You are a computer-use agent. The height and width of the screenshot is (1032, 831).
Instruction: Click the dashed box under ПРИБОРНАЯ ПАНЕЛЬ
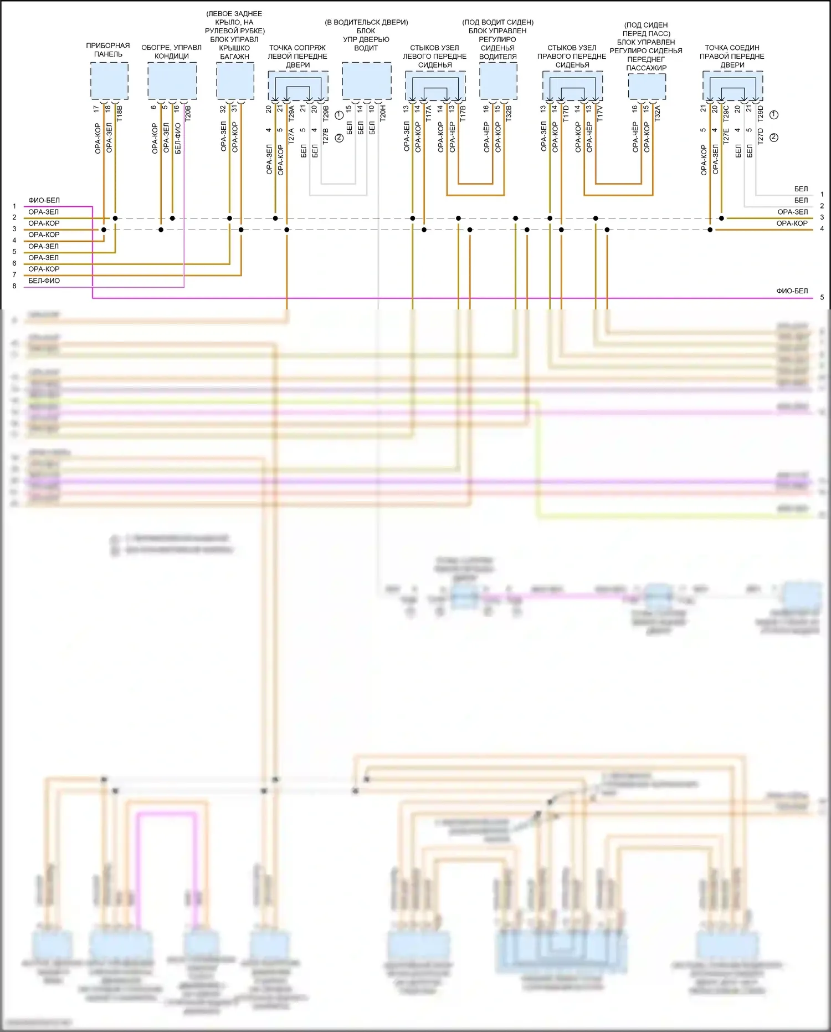(x=110, y=81)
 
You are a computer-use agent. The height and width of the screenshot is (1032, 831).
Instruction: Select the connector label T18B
(x=119, y=113)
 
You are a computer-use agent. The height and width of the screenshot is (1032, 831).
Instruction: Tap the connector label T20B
(x=188, y=113)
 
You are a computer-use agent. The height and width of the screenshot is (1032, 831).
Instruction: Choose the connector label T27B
(x=326, y=136)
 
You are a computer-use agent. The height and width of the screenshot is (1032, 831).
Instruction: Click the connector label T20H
(x=383, y=113)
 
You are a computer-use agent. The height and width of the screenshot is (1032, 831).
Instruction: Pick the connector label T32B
(x=509, y=113)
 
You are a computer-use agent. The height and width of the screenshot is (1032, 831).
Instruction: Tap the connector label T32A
(x=658, y=113)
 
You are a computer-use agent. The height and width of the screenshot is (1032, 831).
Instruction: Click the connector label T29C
(x=726, y=113)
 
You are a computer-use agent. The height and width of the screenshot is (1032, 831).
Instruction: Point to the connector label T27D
(x=761, y=136)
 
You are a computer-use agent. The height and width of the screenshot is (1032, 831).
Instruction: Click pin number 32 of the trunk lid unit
(x=223, y=109)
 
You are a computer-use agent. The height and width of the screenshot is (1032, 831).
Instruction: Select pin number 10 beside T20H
(x=372, y=109)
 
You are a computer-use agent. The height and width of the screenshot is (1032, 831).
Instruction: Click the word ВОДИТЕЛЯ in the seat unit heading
(x=497, y=57)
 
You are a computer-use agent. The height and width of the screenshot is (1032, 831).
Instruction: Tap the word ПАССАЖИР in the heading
(x=646, y=68)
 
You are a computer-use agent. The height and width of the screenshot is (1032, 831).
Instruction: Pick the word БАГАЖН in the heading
(x=234, y=57)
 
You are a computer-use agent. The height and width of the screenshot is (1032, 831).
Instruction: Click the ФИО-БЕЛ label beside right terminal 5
(x=792, y=291)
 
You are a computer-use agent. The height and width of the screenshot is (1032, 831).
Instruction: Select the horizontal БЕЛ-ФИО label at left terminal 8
(x=44, y=281)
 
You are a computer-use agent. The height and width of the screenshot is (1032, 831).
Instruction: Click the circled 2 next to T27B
(x=339, y=138)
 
